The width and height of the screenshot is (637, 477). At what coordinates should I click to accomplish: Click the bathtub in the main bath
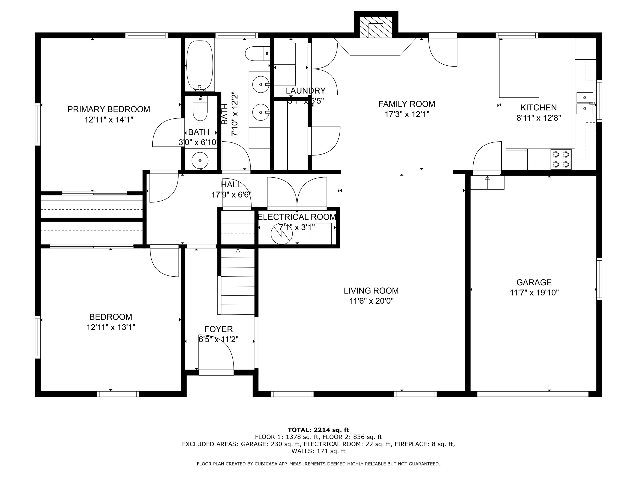tap(199, 65)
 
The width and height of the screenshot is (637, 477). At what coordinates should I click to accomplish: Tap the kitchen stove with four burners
tap(560, 159)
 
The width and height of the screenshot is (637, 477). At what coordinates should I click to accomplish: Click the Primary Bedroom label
tap(109, 109)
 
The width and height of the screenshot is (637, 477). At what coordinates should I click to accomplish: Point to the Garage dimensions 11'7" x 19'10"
tap(534, 293)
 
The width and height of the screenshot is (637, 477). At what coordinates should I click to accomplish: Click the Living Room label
tap(371, 291)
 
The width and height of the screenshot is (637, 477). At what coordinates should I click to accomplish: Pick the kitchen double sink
tap(584, 103)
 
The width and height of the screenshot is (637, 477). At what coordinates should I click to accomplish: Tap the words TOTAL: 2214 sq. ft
tap(318, 430)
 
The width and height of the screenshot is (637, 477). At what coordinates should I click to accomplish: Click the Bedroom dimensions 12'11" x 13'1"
tap(111, 327)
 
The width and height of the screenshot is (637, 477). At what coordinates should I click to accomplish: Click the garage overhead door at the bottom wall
tap(532, 394)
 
